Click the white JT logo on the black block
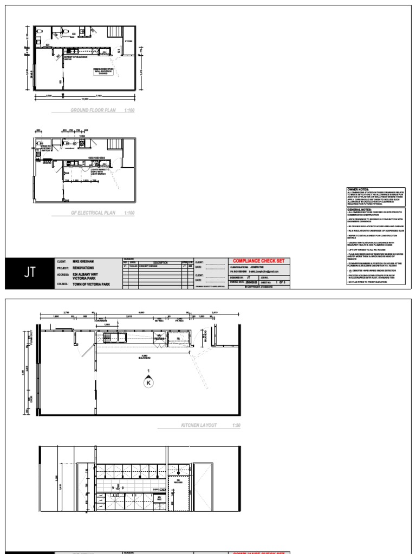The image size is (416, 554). (x=30, y=273)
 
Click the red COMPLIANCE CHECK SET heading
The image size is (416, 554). (x=260, y=261)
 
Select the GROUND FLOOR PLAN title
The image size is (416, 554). (x=93, y=110)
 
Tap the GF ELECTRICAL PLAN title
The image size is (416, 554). (x=94, y=213)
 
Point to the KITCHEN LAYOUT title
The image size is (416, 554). (x=199, y=425)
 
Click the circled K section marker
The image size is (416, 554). (x=148, y=382)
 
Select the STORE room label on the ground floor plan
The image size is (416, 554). (x=129, y=41)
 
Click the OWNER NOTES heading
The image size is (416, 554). (x=357, y=190)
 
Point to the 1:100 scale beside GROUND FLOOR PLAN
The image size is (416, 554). (x=129, y=110)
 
